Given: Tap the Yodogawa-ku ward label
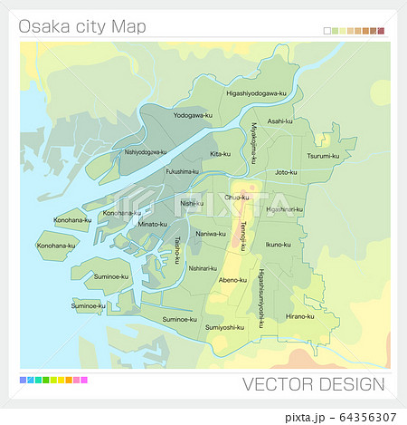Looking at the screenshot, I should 193,115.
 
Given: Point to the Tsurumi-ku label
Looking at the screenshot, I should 323,156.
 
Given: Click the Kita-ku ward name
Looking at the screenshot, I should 220,154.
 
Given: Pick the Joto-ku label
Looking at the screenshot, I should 286,171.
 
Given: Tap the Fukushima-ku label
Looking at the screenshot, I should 182,170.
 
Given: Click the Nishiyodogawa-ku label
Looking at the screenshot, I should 145,152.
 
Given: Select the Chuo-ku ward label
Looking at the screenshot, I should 236,197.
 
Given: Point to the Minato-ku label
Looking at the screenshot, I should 152,224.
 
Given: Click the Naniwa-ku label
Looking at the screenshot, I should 211,233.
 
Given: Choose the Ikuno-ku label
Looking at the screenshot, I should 278,244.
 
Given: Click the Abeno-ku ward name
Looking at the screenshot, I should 232,280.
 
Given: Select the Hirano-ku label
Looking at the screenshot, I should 299,316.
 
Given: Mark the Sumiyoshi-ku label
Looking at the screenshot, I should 225,327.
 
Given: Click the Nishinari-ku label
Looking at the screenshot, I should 203,268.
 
